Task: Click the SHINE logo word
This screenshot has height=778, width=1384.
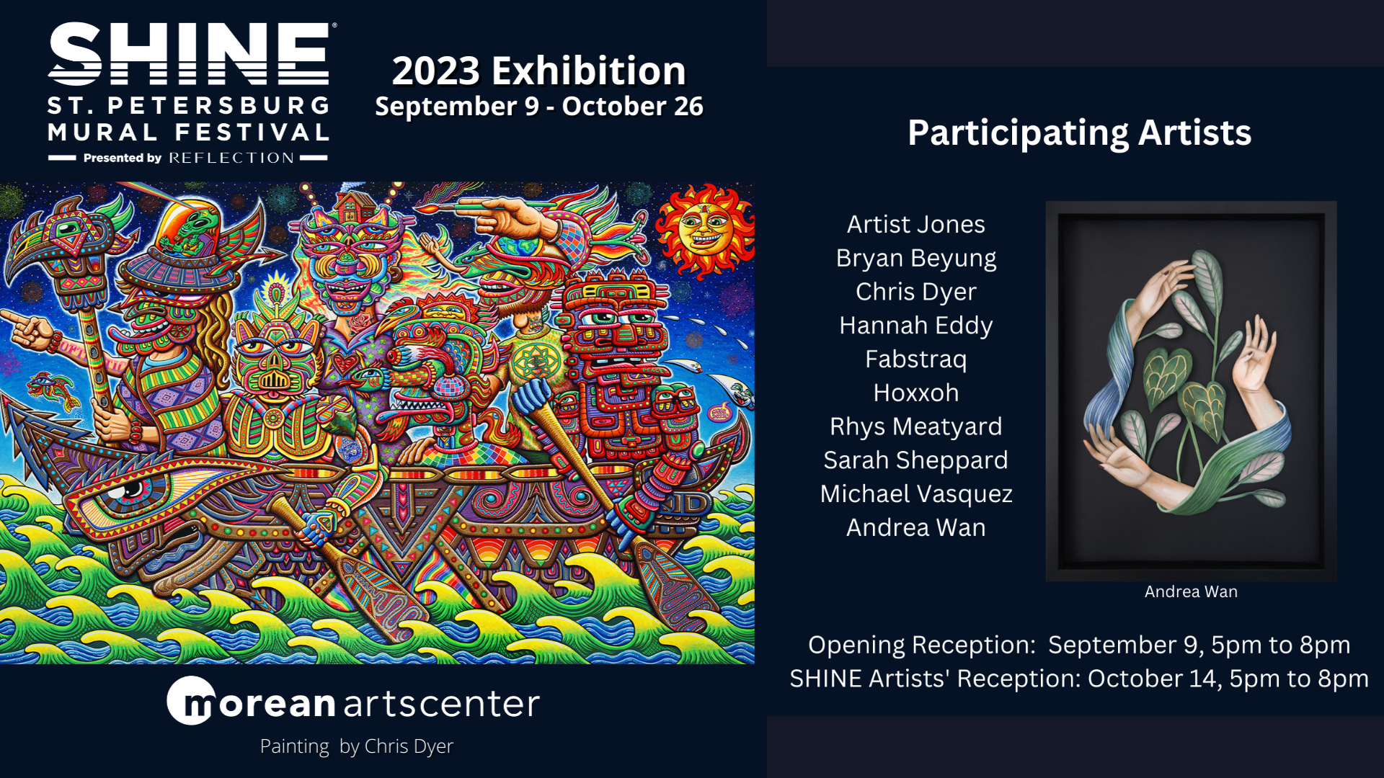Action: point(189,54)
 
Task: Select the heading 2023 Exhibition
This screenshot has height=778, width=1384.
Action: point(538,71)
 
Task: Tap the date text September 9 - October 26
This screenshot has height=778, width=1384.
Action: point(538,107)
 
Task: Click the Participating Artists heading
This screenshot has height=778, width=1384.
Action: point(1079,133)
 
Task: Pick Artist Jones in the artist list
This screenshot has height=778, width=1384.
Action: point(915,225)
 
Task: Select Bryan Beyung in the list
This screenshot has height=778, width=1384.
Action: point(915,258)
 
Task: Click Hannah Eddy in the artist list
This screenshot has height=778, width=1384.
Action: point(915,326)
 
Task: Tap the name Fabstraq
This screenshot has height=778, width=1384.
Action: point(915,359)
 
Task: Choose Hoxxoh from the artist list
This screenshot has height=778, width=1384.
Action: point(915,393)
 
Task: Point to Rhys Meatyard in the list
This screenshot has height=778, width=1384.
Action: point(915,426)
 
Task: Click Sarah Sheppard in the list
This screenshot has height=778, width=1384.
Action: point(915,460)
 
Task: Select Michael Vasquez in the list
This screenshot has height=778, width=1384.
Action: point(915,494)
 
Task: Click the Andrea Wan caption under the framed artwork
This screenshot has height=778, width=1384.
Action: point(1191,592)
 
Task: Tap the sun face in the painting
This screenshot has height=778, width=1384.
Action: point(704,231)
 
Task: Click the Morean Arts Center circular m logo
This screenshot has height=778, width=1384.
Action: point(191,701)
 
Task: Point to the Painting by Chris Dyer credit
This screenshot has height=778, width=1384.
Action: point(357,746)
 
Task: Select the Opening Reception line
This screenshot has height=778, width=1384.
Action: point(1079,645)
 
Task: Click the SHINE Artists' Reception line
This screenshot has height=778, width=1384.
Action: point(1079,679)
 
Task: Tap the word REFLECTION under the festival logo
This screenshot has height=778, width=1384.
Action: point(231,158)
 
